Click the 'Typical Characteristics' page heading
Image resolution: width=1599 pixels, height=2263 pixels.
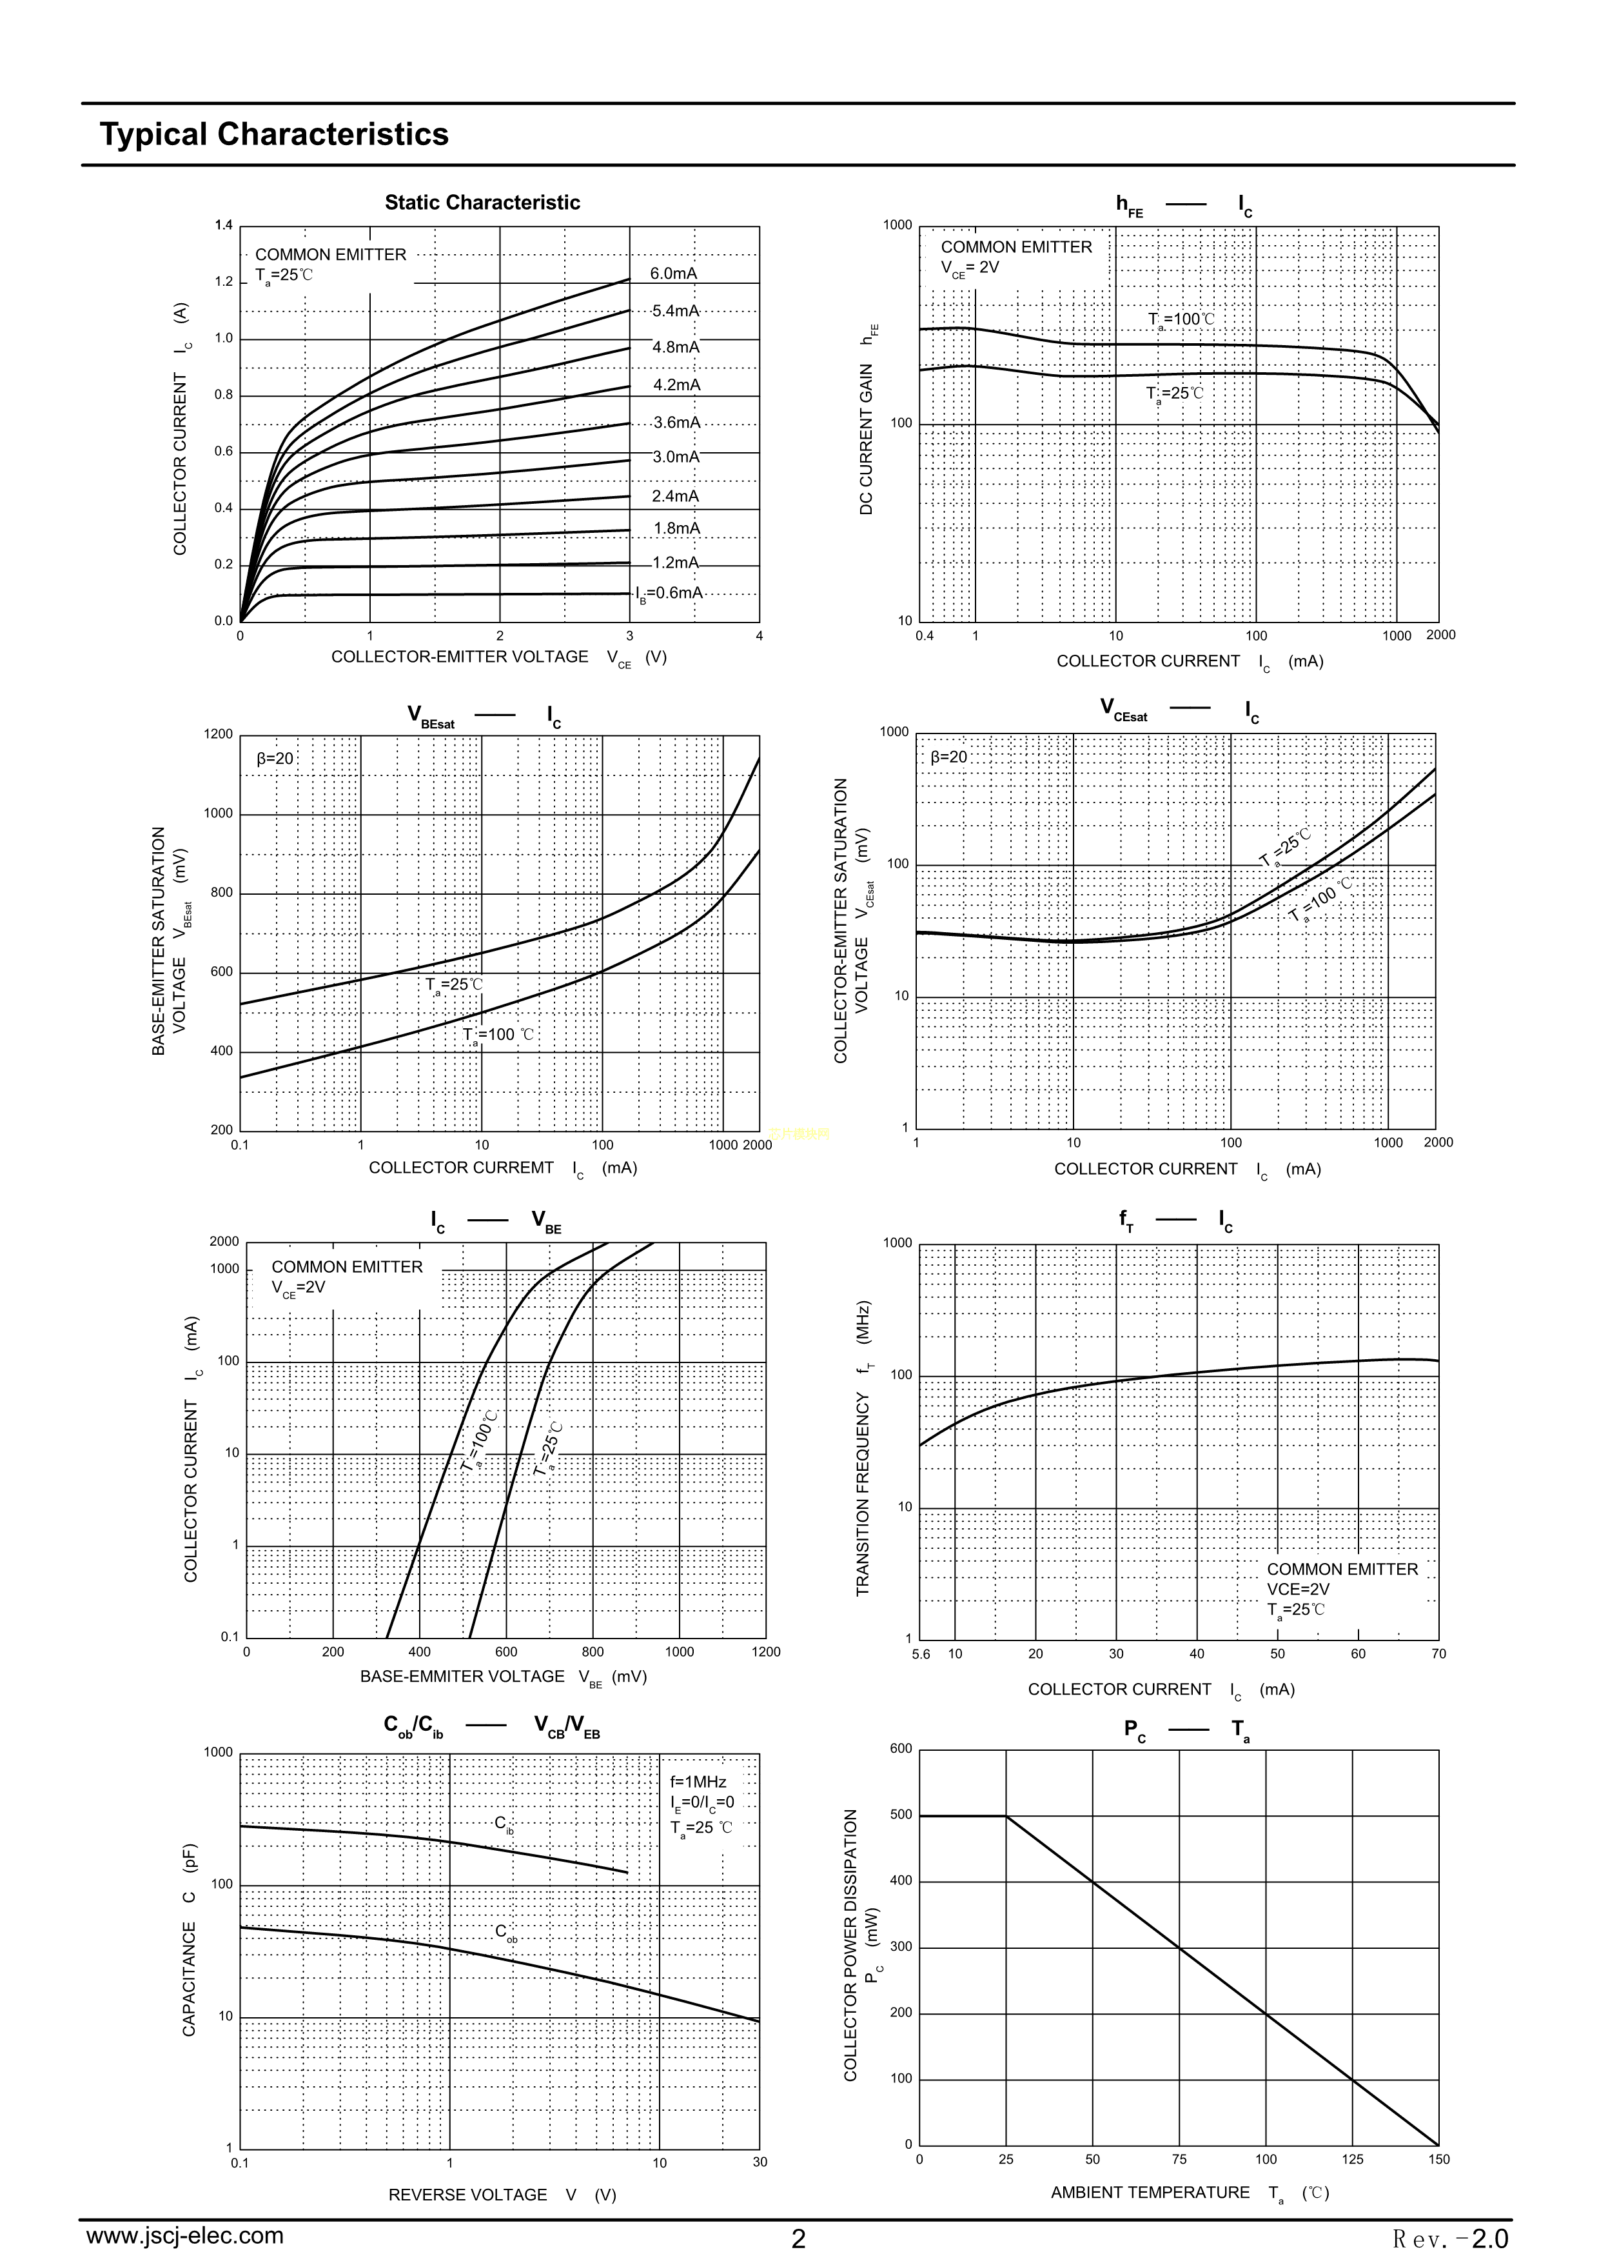click(x=274, y=134)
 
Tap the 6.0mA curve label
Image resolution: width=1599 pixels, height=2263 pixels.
click(x=674, y=274)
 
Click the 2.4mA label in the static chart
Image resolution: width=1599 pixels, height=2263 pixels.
click(x=675, y=496)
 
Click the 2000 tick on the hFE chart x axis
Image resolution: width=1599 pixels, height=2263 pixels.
click(x=1440, y=635)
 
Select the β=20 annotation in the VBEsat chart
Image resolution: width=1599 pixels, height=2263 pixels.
click(x=275, y=759)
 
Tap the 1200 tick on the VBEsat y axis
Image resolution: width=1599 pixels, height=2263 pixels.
click(x=219, y=734)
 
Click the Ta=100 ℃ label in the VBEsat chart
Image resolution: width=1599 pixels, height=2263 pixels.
click(x=500, y=1035)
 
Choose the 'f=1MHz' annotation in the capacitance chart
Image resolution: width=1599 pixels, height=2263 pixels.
click(x=698, y=1782)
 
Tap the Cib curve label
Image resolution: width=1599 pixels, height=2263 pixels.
click(x=504, y=1824)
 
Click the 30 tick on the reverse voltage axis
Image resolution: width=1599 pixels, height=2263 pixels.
click(x=760, y=2162)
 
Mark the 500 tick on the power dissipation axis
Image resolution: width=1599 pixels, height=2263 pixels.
click(x=901, y=1815)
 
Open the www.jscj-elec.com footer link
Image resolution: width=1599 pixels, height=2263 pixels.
click(x=185, y=2235)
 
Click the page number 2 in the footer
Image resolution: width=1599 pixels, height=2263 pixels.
click(x=798, y=2238)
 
